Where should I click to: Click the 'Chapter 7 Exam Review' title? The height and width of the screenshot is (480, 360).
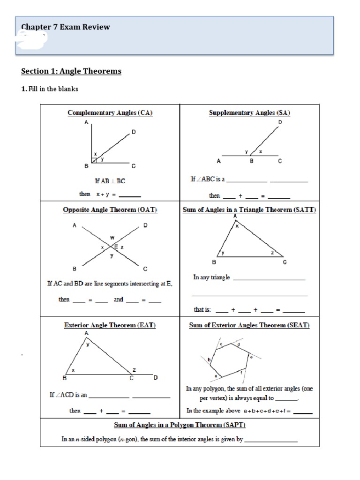pyautogui.click(x=66, y=27)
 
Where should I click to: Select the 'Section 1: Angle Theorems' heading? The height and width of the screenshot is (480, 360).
pyautogui.click(x=71, y=71)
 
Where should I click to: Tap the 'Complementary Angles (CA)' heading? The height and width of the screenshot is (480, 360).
pyautogui.click(x=110, y=112)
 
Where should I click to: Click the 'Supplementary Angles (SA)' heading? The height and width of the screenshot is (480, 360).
pyautogui.click(x=249, y=112)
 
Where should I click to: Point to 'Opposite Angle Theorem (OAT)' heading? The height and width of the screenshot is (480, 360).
pyautogui.click(x=110, y=210)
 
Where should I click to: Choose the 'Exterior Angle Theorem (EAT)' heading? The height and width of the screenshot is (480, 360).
pyautogui.click(x=110, y=324)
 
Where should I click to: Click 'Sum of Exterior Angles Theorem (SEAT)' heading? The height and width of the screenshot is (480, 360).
pyautogui.click(x=249, y=324)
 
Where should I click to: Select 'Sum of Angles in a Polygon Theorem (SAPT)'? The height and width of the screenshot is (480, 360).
pyautogui.click(x=180, y=425)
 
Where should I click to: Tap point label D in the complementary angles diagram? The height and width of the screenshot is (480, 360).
pyautogui.click(x=134, y=132)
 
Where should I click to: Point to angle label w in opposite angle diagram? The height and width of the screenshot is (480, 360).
pyautogui.click(x=112, y=238)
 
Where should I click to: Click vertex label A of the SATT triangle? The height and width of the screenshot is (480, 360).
pyautogui.click(x=235, y=216)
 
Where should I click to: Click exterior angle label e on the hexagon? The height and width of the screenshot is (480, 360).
pyautogui.click(x=251, y=357)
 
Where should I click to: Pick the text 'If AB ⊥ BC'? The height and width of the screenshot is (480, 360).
pyautogui.click(x=110, y=180)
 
